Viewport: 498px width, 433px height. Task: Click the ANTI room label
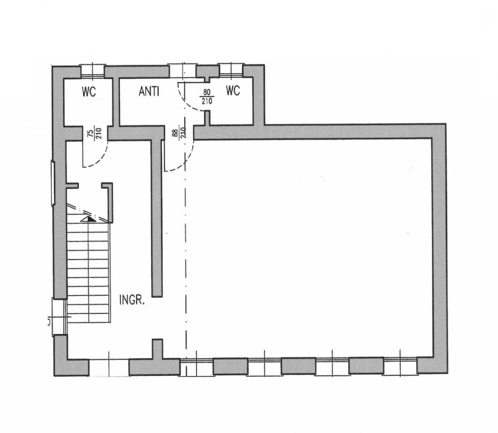pyautogui.click(x=149, y=91)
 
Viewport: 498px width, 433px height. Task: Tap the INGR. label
pyautogui.click(x=132, y=300)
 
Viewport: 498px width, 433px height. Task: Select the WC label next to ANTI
pyautogui.click(x=233, y=91)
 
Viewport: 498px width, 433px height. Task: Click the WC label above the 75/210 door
pyautogui.click(x=89, y=92)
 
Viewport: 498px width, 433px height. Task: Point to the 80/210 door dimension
pyautogui.click(x=207, y=96)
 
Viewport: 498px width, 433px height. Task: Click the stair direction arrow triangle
pyautogui.click(x=88, y=219)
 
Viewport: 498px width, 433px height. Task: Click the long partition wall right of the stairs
pyautogui.click(x=157, y=217)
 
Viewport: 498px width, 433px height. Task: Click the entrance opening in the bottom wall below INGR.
pyautogui.click(x=109, y=367)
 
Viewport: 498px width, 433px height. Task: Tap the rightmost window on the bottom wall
pyautogui.click(x=400, y=366)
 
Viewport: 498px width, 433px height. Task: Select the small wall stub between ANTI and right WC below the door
pyautogui.click(x=207, y=118)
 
